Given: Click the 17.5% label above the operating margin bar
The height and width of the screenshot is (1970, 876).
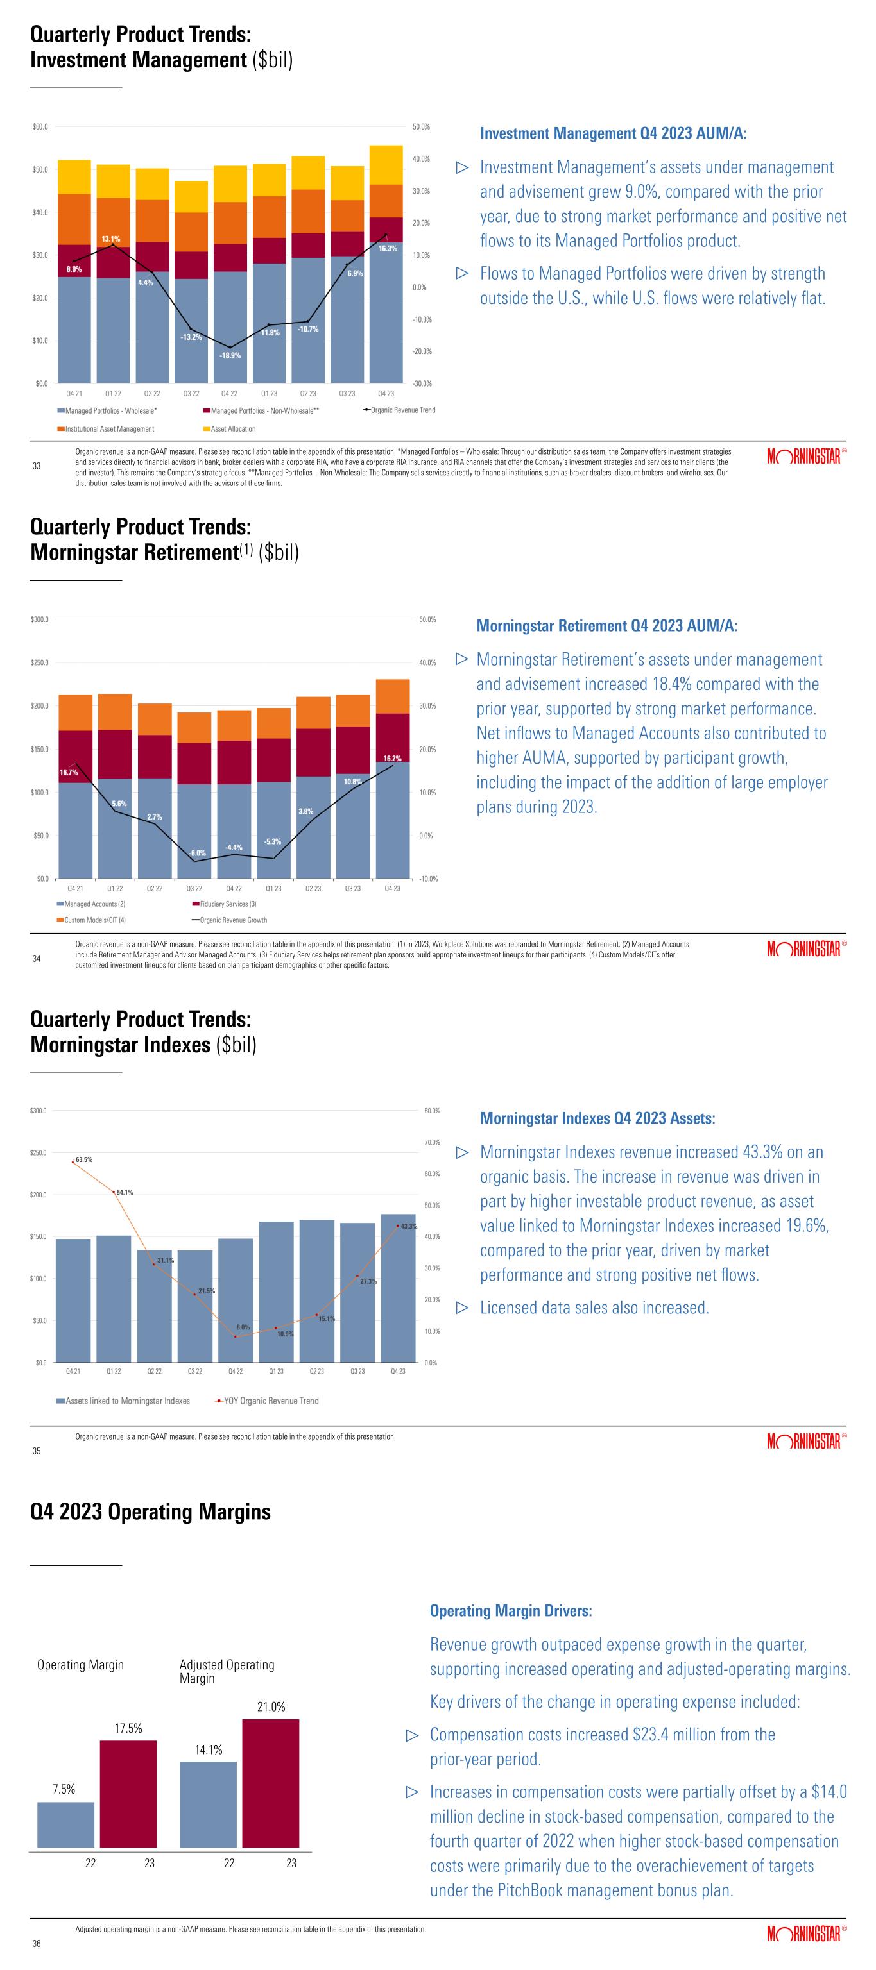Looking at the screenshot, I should (128, 1728).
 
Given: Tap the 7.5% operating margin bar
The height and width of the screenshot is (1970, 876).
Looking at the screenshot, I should (66, 1824).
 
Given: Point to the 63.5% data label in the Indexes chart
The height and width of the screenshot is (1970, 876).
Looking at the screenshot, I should (84, 1159).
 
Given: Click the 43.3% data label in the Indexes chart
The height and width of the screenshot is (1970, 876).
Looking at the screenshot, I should (409, 1227).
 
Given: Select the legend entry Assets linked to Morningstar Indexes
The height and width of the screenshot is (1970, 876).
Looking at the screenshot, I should (123, 1401).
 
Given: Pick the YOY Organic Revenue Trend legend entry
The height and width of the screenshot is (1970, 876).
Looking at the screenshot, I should (268, 1401).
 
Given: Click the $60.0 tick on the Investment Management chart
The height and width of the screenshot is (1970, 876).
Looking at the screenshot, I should (40, 126).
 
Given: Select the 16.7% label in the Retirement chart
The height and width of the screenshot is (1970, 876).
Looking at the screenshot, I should (69, 772).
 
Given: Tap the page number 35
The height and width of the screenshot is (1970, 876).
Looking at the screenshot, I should (36, 1451).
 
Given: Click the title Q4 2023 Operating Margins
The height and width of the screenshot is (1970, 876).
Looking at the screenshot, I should (150, 1512).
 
